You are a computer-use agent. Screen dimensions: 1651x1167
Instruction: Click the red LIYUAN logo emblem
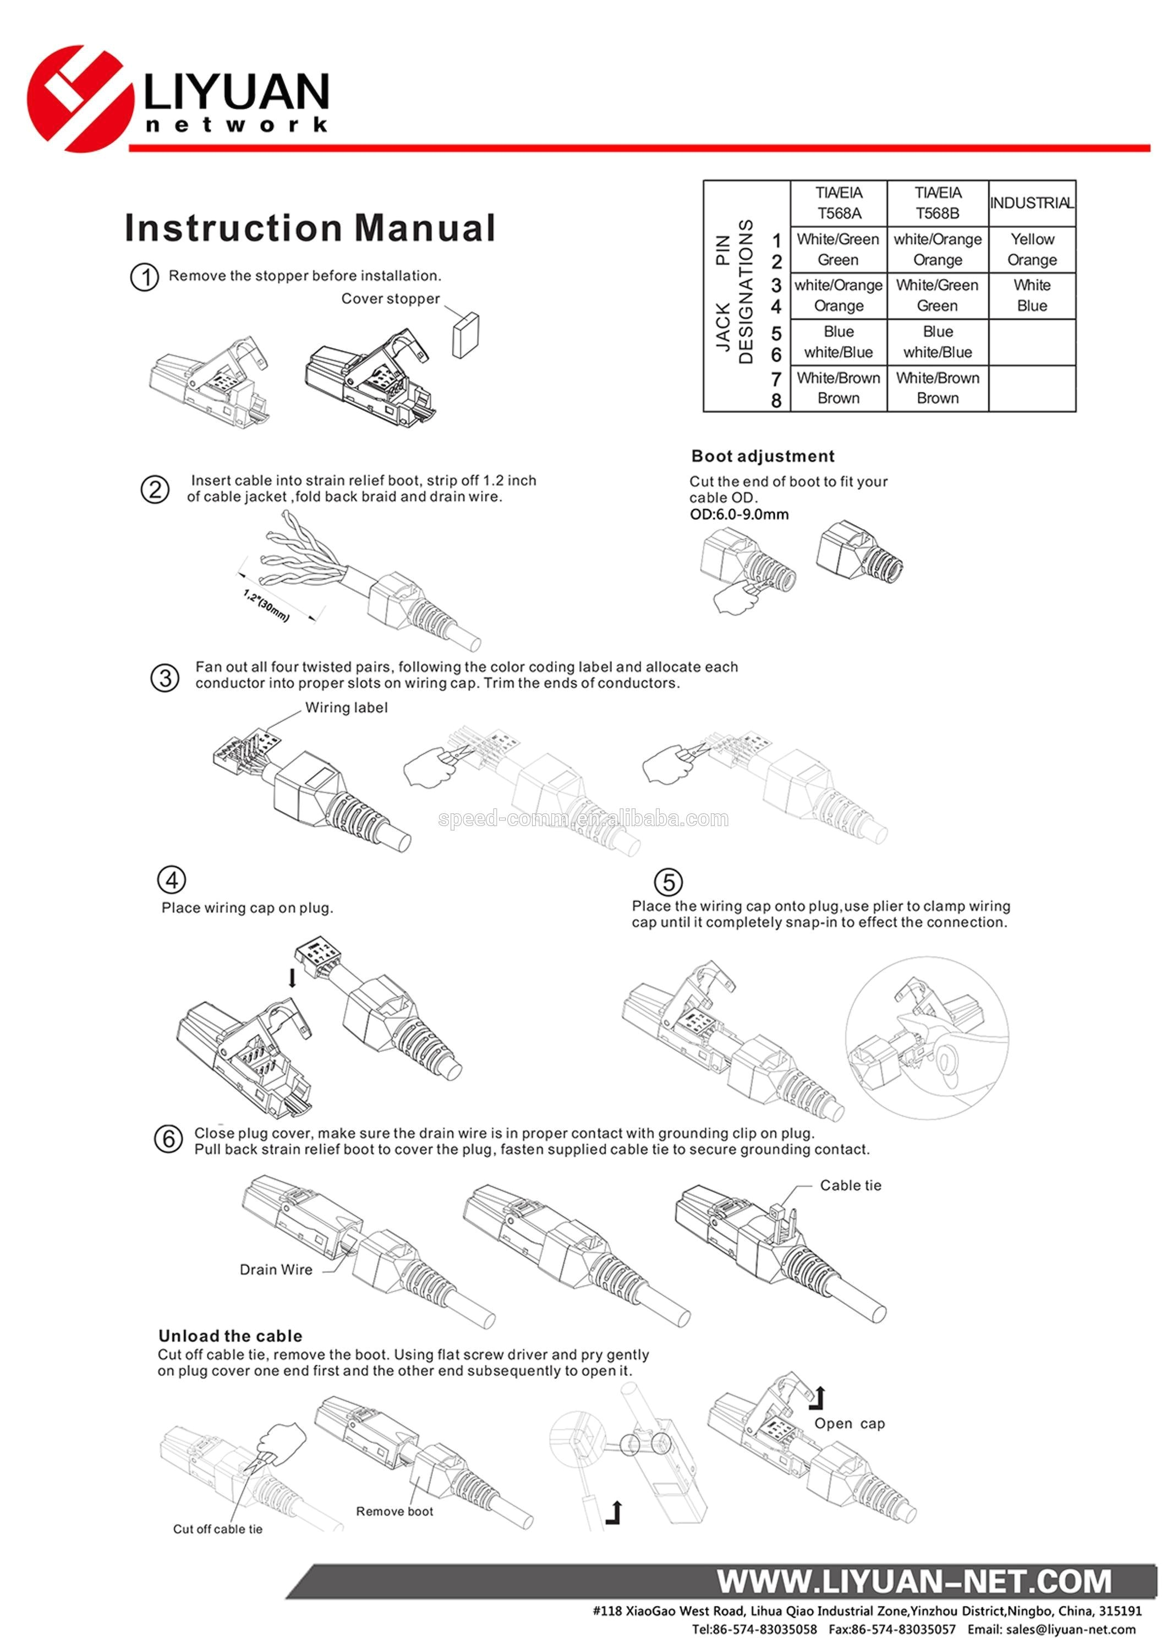[79, 99]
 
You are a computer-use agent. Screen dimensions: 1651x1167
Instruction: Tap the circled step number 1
[145, 277]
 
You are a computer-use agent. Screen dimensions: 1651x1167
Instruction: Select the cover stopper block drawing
[465, 335]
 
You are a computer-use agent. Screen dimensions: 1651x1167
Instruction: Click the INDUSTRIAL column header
[1032, 203]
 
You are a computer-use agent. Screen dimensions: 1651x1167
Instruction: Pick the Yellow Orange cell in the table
[1032, 249]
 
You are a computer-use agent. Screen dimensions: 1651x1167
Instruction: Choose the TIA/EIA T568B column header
[937, 203]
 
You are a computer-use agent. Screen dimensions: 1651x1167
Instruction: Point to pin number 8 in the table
[776, 401]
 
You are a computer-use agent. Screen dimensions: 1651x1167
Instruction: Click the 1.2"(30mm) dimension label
[266, 605]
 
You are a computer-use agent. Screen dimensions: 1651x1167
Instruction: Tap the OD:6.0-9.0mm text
[739, 514]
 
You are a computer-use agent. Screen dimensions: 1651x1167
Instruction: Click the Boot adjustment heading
[762, 456]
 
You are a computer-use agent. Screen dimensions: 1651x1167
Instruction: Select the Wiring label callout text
[346, 708]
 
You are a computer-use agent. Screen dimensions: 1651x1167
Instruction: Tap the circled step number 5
[668, 882]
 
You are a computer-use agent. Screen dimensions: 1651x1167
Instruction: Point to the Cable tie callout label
[850, 1185]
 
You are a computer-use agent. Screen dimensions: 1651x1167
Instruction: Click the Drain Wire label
[276, 1269]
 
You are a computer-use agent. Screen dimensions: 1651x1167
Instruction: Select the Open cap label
[849, 1423]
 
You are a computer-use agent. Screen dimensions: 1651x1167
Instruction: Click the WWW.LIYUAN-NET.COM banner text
[914, 1582]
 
